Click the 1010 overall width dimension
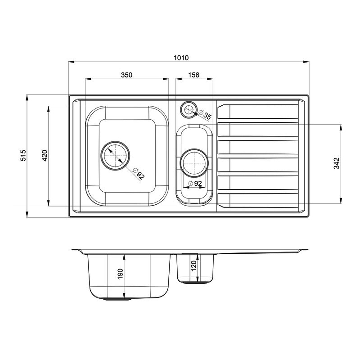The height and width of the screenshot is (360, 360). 181,58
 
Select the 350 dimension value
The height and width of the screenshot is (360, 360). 126,75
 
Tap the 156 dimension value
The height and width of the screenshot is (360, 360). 194,75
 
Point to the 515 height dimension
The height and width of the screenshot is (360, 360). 23,155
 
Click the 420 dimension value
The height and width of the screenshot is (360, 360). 44,155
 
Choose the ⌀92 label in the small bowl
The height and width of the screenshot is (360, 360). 194,183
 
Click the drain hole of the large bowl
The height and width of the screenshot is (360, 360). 116,156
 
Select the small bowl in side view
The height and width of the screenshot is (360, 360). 196,268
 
